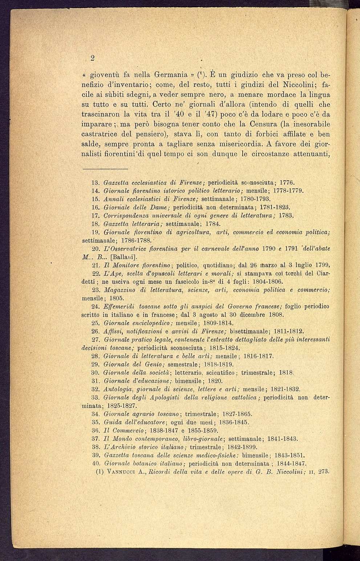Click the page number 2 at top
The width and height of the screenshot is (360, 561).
[x=92, y=58]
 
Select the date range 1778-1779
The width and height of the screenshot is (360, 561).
[x=287, y=190]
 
